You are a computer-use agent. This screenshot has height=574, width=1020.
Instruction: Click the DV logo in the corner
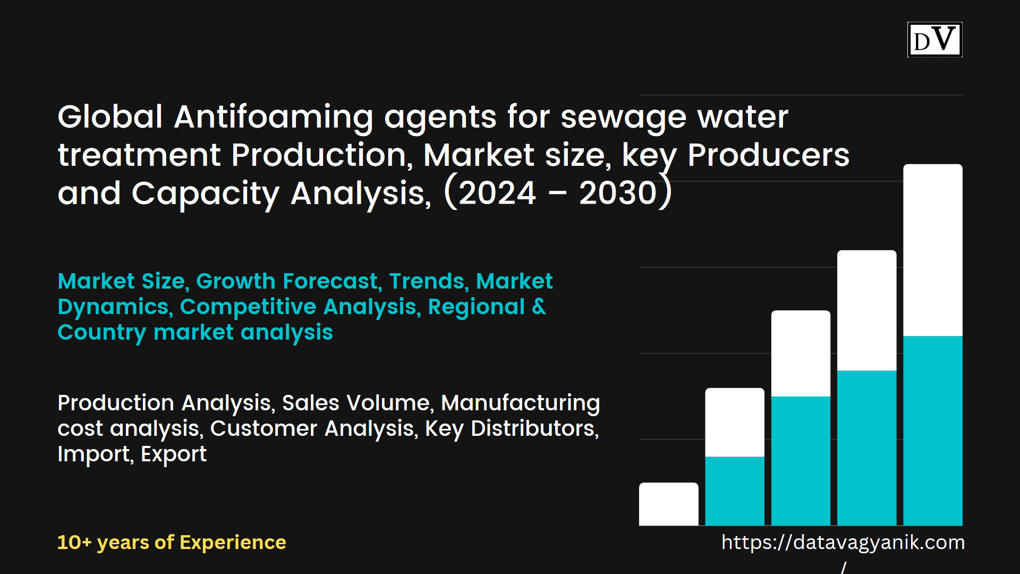pos(934,39)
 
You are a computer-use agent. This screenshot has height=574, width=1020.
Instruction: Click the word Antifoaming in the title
pos(273,117)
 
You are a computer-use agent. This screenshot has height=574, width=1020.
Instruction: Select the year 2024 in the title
pos(497,193)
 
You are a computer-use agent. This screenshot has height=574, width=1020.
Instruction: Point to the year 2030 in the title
pos(618,193)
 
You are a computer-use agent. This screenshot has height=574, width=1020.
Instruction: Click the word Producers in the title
pos(768,155)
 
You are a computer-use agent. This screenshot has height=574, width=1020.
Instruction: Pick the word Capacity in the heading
pos(205,193)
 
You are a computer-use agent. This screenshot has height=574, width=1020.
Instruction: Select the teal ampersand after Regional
pos(539,307)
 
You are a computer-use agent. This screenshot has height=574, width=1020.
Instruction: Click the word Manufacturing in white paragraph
pos(520,403)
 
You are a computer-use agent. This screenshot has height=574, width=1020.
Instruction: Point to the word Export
pos(174,454)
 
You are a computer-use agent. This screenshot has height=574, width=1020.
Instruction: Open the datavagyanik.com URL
pos(843,543)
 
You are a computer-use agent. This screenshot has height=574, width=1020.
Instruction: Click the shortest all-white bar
pos(668,504)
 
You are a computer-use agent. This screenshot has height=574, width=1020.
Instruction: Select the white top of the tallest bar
pos(932,250)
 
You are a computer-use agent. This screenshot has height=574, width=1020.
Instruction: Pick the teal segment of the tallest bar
pos(932,430)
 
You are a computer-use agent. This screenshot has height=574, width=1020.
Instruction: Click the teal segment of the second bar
pos(735,491)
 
